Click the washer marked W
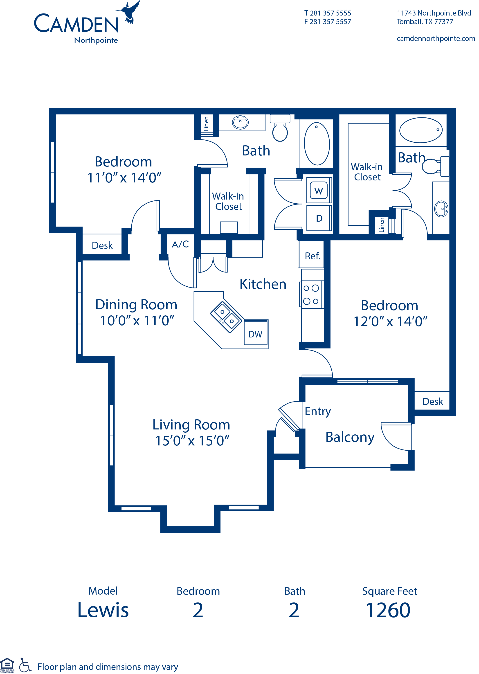[x=319, y=191]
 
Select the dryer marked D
[x=319, y=218]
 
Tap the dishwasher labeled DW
[x=255, y=334]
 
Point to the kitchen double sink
[x=227, y=317]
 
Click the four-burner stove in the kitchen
[x=311, y=294]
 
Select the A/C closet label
[x=180, y=244]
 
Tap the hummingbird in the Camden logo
[x=129, y=12]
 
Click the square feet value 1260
[x=388, y=610]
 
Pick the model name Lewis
[x=103, y=610]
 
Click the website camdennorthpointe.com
[x=436, y=39]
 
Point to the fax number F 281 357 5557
[x=327, y=22]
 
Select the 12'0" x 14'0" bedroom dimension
[x=390, y=322]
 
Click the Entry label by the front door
[x=318, y=411]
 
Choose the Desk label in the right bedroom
[x=432, y=402]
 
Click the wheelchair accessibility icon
[x=25, y=665]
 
